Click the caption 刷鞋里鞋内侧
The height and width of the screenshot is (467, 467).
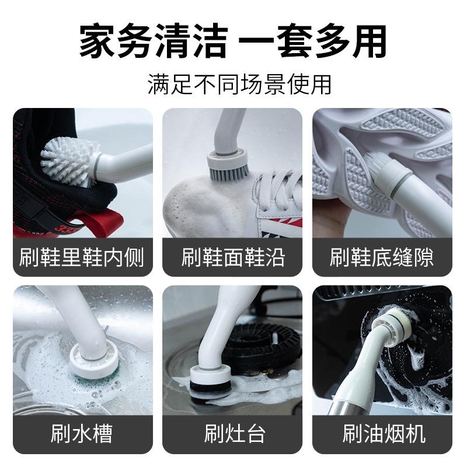(x=82, y=257)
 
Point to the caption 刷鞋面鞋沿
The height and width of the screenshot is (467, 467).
(x=233, y=257)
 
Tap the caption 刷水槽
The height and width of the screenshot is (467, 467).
(x=82, y=434)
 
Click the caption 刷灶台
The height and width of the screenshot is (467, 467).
(x=233, y=434)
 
